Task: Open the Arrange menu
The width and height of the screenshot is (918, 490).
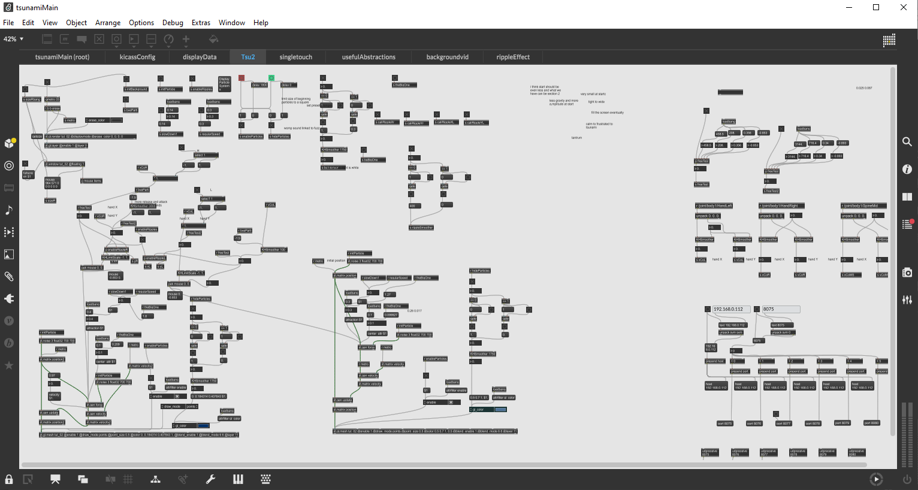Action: [108, 23]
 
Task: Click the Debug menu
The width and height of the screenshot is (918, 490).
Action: [173, 23]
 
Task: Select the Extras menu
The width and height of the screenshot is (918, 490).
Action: [201, 23]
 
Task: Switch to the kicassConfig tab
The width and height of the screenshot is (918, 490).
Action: [137, 57]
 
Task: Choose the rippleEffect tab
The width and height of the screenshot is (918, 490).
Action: [513, 57]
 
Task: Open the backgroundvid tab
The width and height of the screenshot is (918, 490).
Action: [447, 57]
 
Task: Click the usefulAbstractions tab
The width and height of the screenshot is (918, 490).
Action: [369, 57]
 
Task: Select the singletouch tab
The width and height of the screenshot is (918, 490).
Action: [295, 57]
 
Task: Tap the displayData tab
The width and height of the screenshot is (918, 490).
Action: [200, 57]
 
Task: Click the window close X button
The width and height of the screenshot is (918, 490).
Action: [904, 7]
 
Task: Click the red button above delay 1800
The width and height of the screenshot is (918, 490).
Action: [241, 78]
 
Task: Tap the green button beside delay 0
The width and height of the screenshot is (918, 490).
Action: [271, 78]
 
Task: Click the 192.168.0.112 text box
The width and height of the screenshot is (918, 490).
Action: [731, 309]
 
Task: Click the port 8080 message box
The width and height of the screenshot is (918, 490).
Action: [871, 423]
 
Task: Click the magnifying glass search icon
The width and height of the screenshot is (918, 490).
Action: [907, 142]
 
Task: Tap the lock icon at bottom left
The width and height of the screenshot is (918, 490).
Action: [9, 479]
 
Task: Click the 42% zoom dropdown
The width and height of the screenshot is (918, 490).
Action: [14, 39]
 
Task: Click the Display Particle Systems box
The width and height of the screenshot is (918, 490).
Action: [224, 83]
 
